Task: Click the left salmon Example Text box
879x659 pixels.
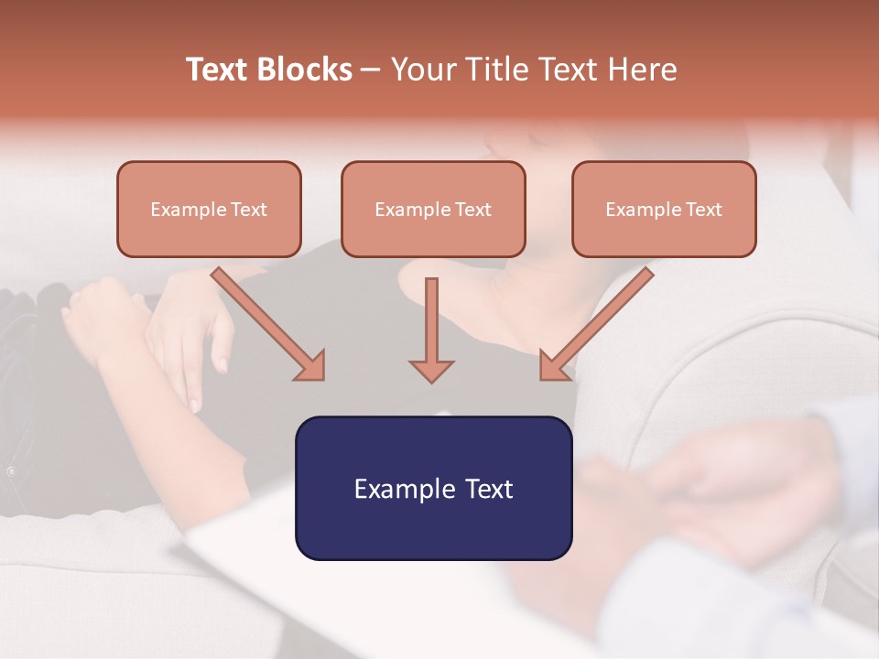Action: (x=209, y=210)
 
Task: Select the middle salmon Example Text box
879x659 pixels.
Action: (x=433, y=210)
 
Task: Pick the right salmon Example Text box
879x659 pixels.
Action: (x=664, y=210)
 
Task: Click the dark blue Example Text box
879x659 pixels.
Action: (x=433, y=488)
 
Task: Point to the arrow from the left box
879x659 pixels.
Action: (x=266, y=322)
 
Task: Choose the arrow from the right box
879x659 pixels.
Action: (x=600, y=320)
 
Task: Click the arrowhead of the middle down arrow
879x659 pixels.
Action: (x=431, y=370)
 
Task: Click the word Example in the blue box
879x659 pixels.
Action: (x=399, y=489)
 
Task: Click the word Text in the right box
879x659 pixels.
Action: (x=703, y=210)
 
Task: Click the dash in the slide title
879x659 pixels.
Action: (x=371, y=70)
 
